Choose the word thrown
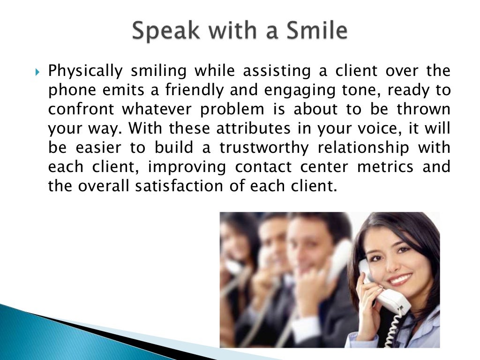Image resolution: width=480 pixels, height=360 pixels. click(x=424, y=110)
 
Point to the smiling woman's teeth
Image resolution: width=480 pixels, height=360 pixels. click(x=400, y=280)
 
